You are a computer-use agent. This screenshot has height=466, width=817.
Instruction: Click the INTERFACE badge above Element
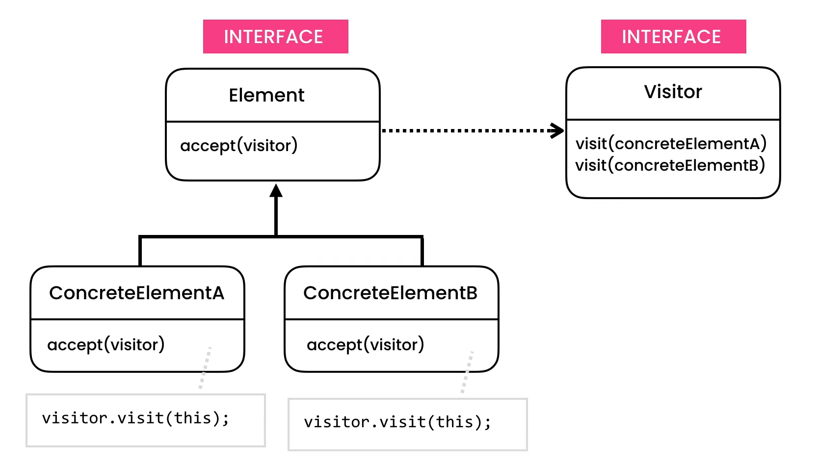click(275, 37)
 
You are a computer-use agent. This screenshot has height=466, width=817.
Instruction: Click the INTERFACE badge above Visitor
click(673, 37)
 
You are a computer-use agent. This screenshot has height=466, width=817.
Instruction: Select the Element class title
click(266, 95)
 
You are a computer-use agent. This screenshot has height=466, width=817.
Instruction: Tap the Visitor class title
click(673, 92)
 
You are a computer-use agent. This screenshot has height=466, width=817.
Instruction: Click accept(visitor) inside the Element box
click(239, 146)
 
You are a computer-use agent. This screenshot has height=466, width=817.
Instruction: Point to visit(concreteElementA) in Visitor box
click(671, 144)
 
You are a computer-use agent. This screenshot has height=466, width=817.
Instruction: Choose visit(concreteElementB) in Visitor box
click(670, 165)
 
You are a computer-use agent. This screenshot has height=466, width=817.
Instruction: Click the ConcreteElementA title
click(136, 293)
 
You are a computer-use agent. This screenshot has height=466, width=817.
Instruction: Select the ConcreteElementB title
click(391, 293)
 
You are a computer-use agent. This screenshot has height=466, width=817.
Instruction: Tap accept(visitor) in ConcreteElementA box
click(106, 345)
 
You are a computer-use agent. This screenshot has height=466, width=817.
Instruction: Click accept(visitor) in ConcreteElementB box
click(365, 345)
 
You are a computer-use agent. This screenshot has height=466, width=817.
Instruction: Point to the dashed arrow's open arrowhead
click(557, 130)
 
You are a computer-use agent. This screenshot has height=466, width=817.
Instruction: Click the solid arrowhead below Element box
click(276, 190)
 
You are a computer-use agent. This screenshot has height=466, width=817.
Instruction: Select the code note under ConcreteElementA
click(145, 420)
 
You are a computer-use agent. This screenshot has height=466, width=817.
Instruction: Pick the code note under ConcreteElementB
click(407, 424)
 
